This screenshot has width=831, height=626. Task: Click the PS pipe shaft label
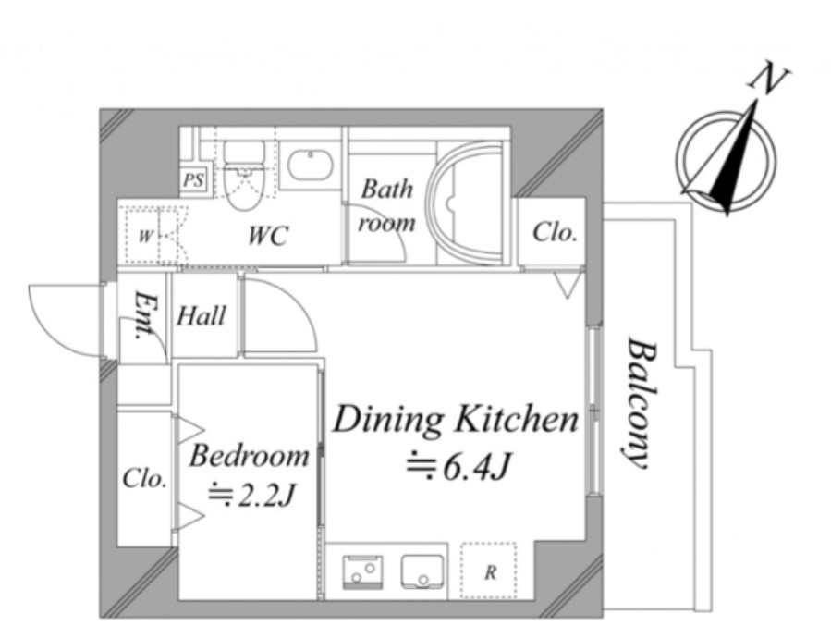[x=193, y=180]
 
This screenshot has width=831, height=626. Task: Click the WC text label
[x=269, y=236]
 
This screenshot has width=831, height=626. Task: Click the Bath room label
[x=387, y=207]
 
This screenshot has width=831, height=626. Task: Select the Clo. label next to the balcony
[x=555, y=232]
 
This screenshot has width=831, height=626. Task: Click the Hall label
[x=202, y=316]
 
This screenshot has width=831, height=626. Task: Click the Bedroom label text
[x=249, y=457]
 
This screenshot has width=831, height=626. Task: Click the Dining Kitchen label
[x=456, y=420]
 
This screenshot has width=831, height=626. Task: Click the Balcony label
[x=641, y=403]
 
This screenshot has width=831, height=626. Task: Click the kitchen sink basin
[x=422, y=572]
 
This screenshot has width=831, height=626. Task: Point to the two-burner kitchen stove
[x=363, y=572]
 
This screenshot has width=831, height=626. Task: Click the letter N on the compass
[x=769, y=81]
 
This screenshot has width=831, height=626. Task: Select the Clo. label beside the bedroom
[x=145, y=479]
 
